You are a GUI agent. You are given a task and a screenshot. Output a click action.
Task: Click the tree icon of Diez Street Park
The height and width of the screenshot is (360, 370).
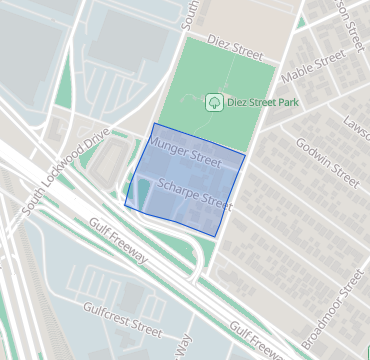(x=213, y=102)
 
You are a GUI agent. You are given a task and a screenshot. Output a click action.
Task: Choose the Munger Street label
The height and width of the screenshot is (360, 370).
(x=184, y=152)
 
